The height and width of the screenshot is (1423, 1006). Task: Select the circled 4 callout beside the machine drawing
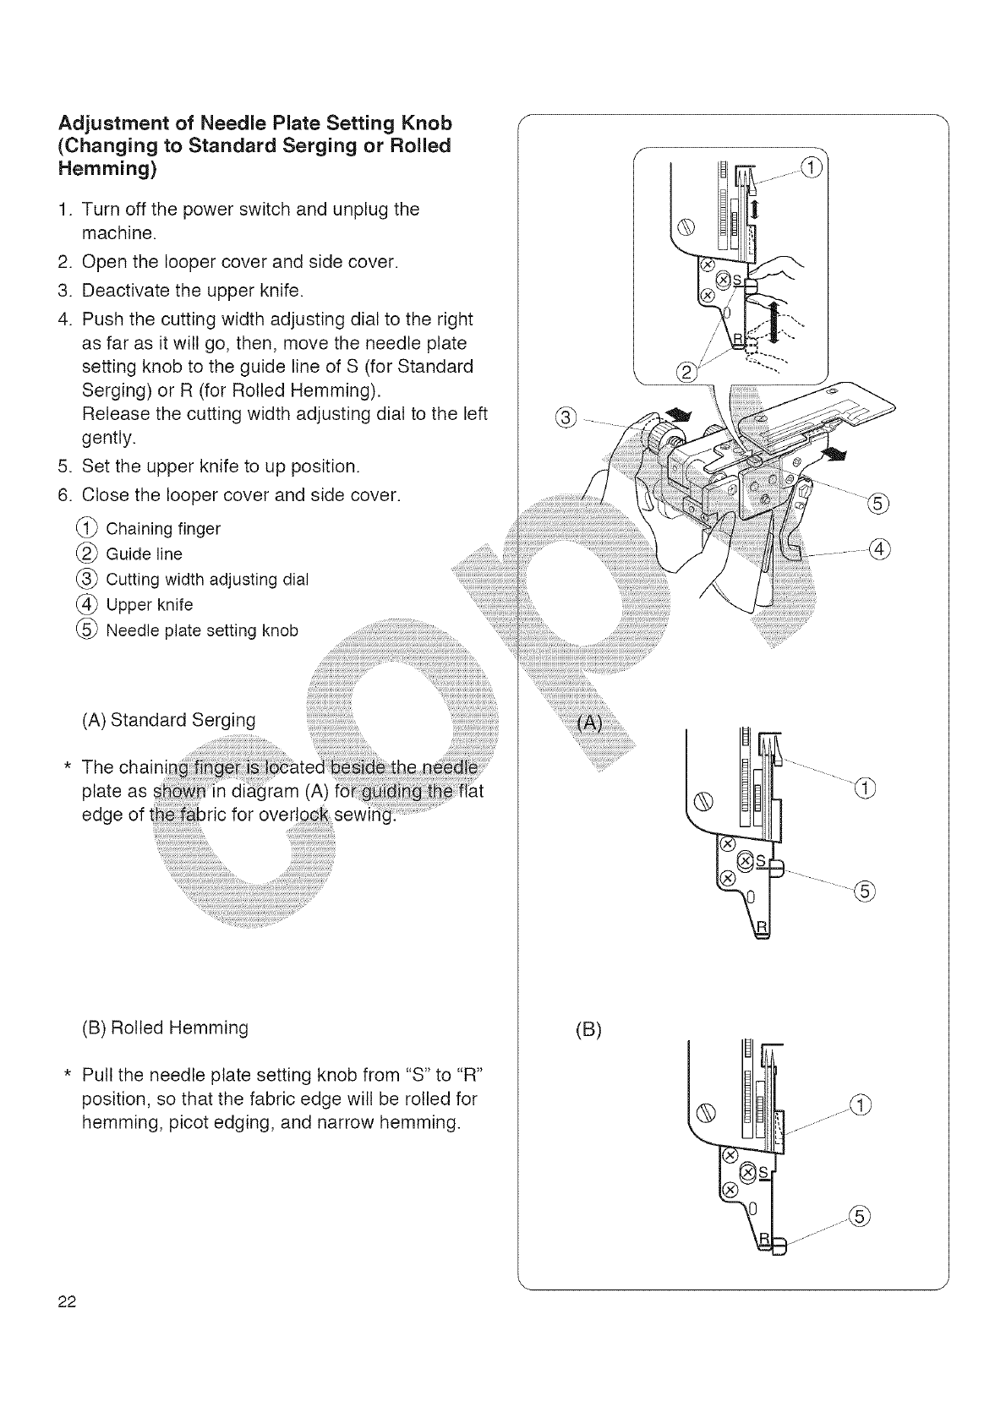tap(879, 549)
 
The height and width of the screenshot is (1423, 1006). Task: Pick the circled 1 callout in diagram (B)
tap(858, 1104)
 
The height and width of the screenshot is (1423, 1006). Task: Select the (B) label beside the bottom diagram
tap(588, 1030)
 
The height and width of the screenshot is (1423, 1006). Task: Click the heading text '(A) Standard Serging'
tap(168, 720)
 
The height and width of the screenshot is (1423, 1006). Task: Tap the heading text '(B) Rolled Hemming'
tap(165, 1028)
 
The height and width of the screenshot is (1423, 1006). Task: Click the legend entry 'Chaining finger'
tap(162, 529)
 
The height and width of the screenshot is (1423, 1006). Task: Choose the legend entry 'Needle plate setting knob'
tap(201, 630)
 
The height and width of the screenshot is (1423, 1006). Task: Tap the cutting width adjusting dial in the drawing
tap(653, 433)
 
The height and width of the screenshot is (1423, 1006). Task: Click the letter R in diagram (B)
tap(764, 1239)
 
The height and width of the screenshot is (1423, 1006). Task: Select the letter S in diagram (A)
tap(759, 860)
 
